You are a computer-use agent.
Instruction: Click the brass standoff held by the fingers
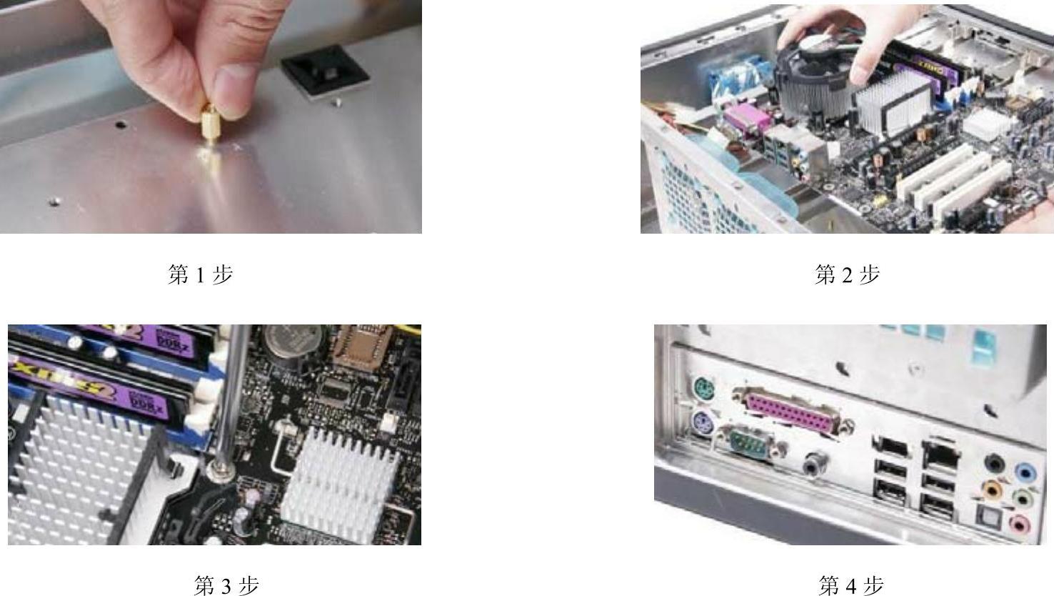pyautogui.click(x=210, y=124)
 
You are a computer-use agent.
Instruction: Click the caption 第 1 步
pyautogui.click(x=201, y=274)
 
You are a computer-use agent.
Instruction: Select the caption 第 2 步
pyautogui.click(x=847, y=274)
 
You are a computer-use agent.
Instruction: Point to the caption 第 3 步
pyautogui.click(x=226, y=585)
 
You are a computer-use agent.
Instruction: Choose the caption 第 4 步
pyautogui.click(x=850, y=585)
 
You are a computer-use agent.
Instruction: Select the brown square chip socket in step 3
pyautogui.click(x=362, y=346)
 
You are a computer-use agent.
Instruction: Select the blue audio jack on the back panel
pyautogui.click(x=1025, y=472)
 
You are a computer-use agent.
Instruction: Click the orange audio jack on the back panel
pyautogui.click(x=992, y=490)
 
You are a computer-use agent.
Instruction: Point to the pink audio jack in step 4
pyautogui.click(x=1019, y=524)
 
